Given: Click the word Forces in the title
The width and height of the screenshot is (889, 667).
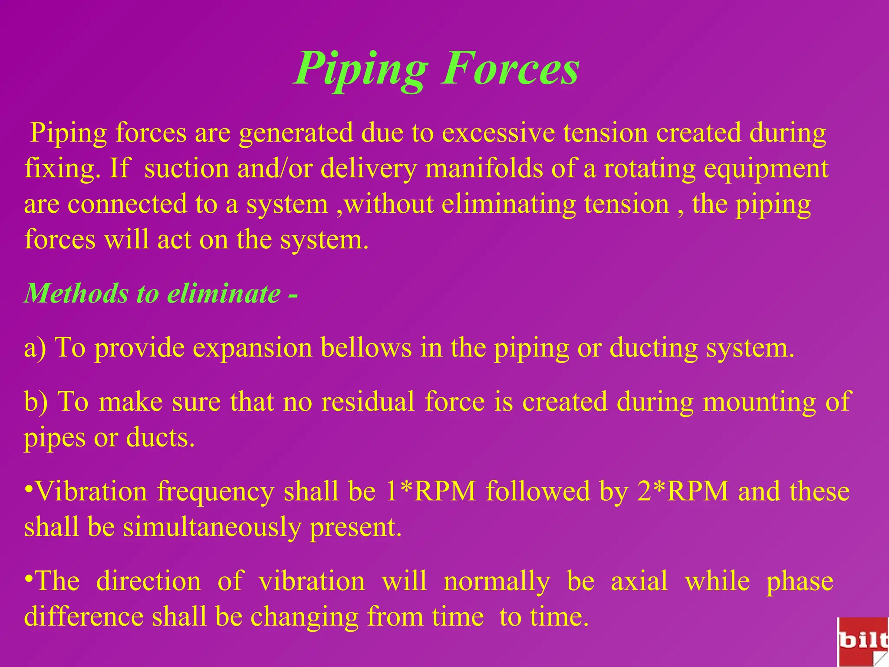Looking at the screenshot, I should pyautogui.click(x=510, y=69).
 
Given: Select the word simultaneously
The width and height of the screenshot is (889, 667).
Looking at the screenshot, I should pyautogui.click(x=212, y=528).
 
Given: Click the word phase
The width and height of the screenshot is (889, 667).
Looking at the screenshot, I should pyautogui.click(x=800, y=582).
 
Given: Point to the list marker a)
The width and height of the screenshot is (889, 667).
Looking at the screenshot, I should pyautogui.click(x=35, y=348).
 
